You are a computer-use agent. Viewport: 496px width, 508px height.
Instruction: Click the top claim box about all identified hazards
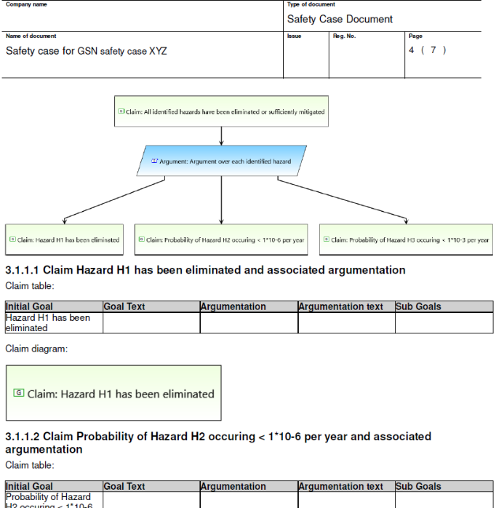(x=221, y=111)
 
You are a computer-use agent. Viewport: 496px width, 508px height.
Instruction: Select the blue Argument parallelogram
(x=221, y=161)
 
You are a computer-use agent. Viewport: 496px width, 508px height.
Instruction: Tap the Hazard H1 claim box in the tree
(x=65, y=239)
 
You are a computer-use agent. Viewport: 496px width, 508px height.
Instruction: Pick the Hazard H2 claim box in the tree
(x=221, y=239)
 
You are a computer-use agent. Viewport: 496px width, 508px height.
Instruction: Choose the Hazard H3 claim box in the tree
(x=406, y=239)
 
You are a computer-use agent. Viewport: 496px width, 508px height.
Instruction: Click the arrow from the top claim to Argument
(x=221, y=136)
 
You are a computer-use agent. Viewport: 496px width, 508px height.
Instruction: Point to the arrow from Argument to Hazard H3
(x=342, y=199)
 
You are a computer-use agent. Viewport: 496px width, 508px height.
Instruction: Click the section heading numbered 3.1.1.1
(x=205, y=270)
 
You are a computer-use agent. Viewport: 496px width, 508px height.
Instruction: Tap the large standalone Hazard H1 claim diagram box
(x=113, y=393)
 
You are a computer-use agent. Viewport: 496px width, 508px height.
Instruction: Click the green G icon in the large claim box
(x=19, y=393)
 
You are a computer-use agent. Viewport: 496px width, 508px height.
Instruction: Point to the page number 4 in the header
(x=412, y=50)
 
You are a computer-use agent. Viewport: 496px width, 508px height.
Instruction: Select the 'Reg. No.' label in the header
(x=344, y=36)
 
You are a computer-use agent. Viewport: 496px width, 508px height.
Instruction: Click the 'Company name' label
(x=26, y=4)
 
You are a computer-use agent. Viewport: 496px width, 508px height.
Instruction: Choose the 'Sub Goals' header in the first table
(x=418, y=306)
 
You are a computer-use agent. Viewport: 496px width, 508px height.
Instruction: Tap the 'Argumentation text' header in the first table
(x=340, y=306)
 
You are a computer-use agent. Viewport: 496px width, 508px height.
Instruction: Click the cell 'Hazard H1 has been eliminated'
(x=48, y=322)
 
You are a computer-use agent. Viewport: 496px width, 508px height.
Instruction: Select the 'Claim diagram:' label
(x=36, y=349)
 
